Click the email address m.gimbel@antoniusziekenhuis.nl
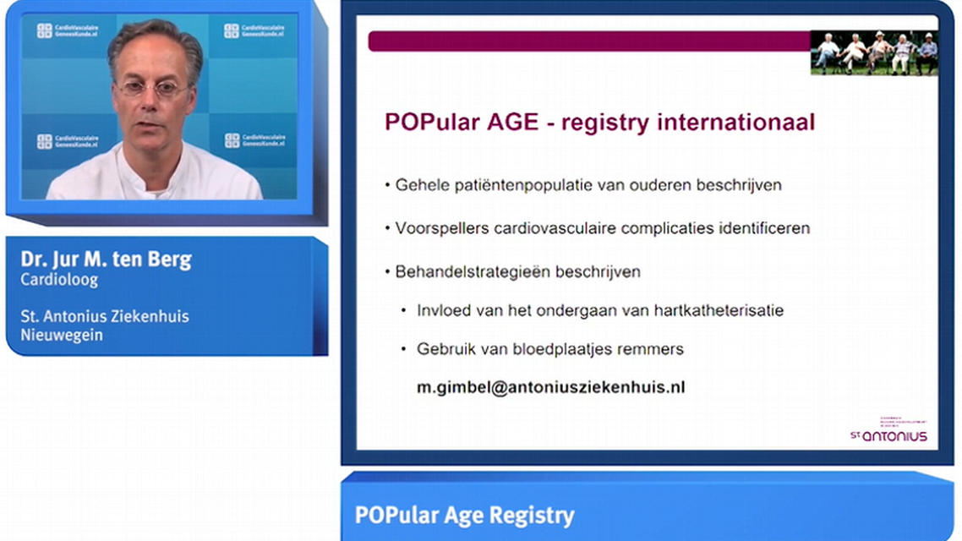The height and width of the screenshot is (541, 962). point(550,387)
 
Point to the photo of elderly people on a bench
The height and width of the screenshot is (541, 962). point(874,52)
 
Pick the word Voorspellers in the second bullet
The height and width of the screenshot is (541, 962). point(436,228)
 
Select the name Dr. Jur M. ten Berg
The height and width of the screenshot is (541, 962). point(107,260)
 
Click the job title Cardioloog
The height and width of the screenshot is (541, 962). point(59,279)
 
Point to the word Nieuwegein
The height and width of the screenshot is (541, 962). point(62,335)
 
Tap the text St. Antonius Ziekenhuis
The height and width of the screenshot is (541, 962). point(105,316)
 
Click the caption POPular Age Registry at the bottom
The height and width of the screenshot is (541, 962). point(464,515)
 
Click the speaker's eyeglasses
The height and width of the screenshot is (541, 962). point(153,87)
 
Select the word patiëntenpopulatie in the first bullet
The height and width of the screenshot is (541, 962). point(514,184)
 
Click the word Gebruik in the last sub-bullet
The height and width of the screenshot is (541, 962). point(445,348)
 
